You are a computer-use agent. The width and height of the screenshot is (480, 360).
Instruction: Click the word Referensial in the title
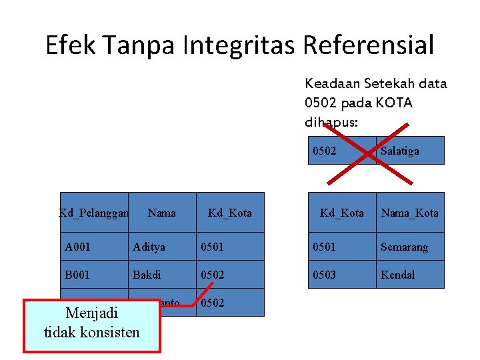click(368, 45)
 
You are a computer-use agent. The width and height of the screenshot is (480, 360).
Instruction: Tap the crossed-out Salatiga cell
click(410, 151)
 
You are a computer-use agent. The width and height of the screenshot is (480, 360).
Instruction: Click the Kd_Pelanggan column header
click(94, 213)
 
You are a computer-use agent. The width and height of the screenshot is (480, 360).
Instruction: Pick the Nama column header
click(162, 213)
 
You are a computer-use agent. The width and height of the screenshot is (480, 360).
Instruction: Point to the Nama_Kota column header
click(410, 213)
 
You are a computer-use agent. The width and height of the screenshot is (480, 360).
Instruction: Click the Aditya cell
click(162, 247)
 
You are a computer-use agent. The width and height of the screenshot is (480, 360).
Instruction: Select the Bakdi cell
click(162, 275)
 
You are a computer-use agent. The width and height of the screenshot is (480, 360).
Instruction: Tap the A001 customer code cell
click(94, 247)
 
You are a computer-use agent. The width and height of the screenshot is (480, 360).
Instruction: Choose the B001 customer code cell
click(94, 275)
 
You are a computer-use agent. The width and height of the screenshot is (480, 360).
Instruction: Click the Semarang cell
click(410, 247)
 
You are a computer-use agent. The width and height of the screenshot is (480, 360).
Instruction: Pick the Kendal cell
click(410, 275)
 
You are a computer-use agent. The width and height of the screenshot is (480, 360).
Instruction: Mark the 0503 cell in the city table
click(342, 275)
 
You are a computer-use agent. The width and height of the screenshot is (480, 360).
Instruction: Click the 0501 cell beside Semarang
click(342, 247)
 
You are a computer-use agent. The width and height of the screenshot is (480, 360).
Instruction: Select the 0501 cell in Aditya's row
click(230, 247)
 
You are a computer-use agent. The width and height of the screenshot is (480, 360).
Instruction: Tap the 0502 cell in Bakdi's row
click(230, 275)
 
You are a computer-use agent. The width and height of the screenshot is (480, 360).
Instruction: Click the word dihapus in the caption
click(330, 122)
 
